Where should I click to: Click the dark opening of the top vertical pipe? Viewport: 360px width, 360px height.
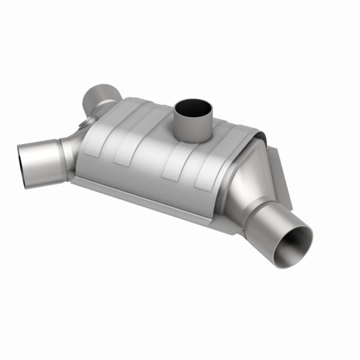(x=193, y=109)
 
